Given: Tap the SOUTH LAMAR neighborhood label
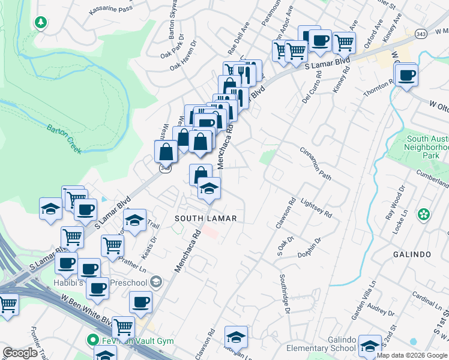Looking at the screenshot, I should [x=205, y=218].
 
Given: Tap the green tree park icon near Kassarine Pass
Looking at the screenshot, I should [x=41, y=23].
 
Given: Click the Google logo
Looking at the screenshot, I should [x=20, y=353].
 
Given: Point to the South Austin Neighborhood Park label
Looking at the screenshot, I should [x=426, y=146].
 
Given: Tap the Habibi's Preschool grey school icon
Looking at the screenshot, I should [x=155, y=281].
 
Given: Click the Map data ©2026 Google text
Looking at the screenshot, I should [x=411, y=355].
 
